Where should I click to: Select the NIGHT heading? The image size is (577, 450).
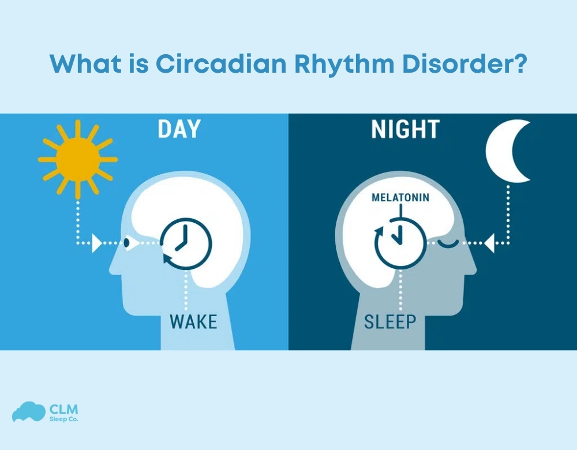point(406,130)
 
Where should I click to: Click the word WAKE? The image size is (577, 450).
point(193,321)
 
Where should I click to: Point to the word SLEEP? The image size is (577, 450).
point(390,321)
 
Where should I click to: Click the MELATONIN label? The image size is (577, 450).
point(400,197)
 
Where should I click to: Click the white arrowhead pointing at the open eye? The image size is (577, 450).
point(97,243)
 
